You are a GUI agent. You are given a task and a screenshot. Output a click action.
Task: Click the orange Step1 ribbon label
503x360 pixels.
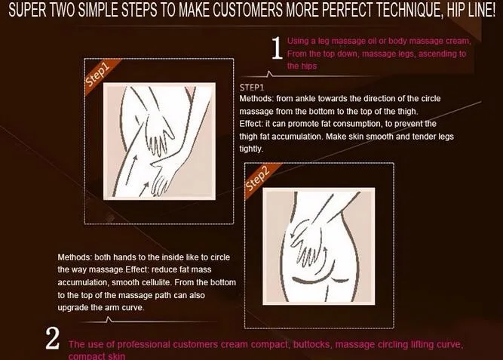(x=98, y=75)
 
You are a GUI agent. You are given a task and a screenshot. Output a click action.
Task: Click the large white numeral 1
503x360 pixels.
(x=277, y=48)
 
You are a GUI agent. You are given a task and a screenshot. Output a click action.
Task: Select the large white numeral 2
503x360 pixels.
(x=52, y=338)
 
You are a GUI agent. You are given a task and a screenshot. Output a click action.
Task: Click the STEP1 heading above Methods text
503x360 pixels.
(x=252, y=88)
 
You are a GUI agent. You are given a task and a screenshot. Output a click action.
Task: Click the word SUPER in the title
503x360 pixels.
(x=27, y=11)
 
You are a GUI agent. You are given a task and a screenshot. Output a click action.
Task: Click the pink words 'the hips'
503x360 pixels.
(x=302, y=66)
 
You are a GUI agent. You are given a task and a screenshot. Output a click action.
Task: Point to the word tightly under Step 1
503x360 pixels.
(x=251, y=149)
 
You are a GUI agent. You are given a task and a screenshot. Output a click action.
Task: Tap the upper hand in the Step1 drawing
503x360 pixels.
(x=160, y=134)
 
